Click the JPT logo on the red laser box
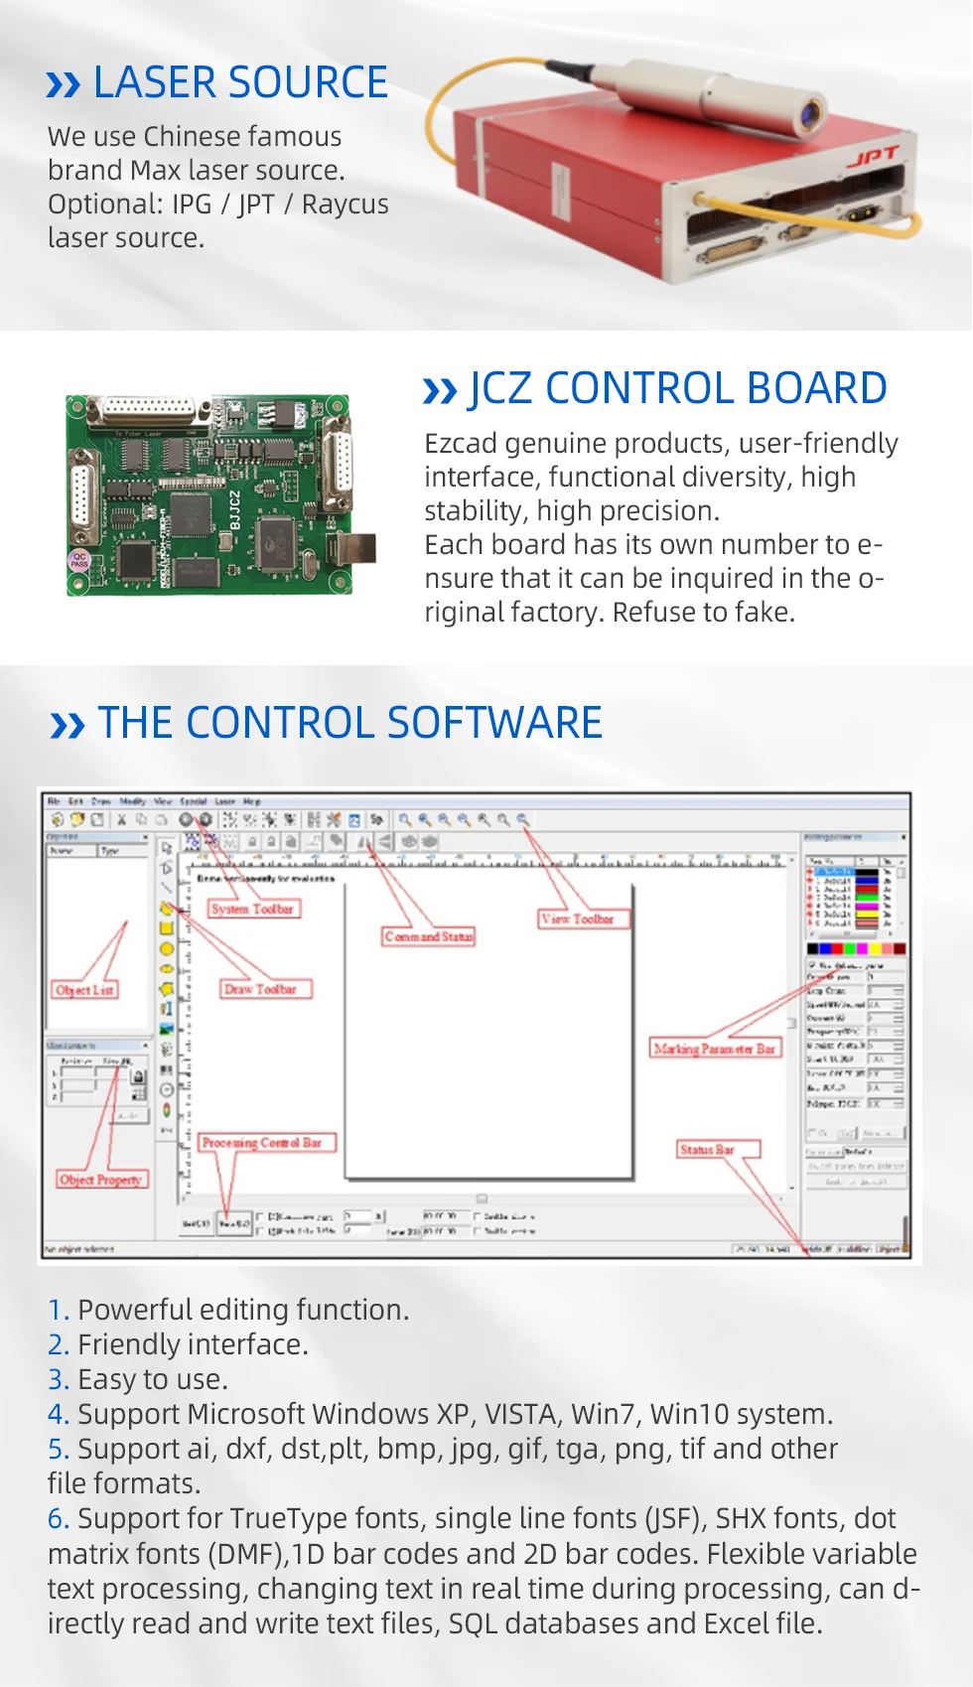(x=873, y=156)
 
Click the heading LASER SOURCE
(x=239, y=82)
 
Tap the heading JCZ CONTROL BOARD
(x=677, y=388)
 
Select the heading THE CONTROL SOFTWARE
(x=349, y=723)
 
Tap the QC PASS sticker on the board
(x=78, y=560)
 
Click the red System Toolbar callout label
(x=252, y=909)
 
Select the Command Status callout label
(x=429, y=936)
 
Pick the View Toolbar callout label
(x=577, y=919)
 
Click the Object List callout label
(x=84, y=990)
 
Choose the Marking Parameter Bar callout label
(x=715, y=1049)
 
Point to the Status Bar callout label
(x=707, y=1150)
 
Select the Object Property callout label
(x=100, y=1180)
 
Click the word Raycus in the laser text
(x=345, y=205)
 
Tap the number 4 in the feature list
(x=58, y=1414)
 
